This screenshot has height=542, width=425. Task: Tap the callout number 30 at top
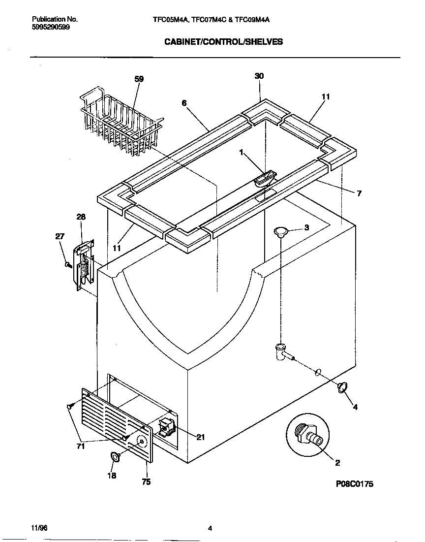259,76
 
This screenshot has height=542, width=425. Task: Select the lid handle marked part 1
266,178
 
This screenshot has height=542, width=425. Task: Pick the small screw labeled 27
68,265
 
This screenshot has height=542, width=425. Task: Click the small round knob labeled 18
116,457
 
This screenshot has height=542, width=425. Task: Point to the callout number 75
146,482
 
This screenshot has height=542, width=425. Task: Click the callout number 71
81,446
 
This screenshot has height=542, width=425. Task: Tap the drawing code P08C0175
354,484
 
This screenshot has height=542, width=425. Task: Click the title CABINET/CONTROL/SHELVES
223,42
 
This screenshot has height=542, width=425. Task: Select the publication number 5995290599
51,28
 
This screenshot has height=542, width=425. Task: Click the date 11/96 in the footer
39,528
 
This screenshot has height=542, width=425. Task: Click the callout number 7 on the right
359,193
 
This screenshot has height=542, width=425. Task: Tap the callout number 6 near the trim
184,103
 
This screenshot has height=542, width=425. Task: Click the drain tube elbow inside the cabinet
280,351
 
